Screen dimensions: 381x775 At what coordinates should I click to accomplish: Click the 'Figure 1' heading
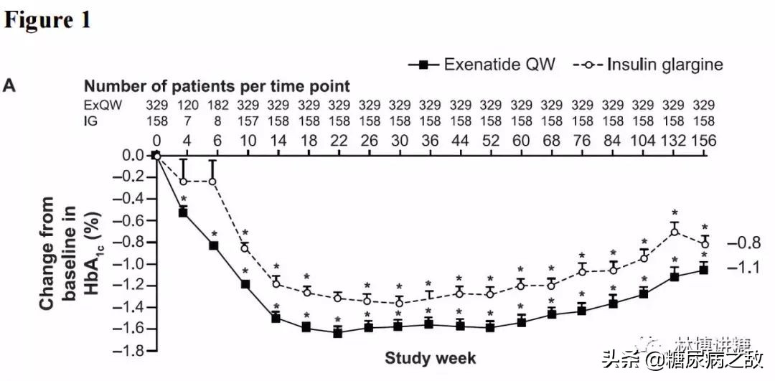pyautogui.click(x=48, y=19)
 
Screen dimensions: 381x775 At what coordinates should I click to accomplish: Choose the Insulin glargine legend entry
pyautogui.click(x=649, y=65)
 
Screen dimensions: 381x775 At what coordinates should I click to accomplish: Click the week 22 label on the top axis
pyautogui.click(x=337, y=141)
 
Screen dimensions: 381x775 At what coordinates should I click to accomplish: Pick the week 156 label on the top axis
pyautogui.click(x=704, y=141)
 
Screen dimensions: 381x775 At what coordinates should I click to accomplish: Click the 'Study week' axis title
pyautogui.click(x=430, y=357)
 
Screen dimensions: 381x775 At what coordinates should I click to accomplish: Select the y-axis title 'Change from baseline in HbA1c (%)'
pyautogui.click(x=67, y=253)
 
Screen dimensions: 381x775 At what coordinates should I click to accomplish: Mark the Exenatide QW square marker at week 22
pyautogui.click(x=337, y=333)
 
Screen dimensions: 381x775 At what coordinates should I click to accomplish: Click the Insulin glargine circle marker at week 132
pyautogui.click(x=675, y=231)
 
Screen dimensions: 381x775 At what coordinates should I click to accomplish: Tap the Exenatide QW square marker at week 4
pyautogui.click(x=183, y=212)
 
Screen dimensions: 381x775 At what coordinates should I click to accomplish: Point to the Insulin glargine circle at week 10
pyautogui.click(x=245, y=248)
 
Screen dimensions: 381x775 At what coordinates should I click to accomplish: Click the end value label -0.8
pyautogui.click(x=743, y=243)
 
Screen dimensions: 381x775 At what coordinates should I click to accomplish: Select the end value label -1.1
pyautogui.click(x=743, y=268)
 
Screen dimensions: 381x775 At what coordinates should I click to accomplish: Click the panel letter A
pyautogui.click(x=9, y=86)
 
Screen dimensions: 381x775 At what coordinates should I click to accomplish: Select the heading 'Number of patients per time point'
pyautogui.click(x=217, y=87)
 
